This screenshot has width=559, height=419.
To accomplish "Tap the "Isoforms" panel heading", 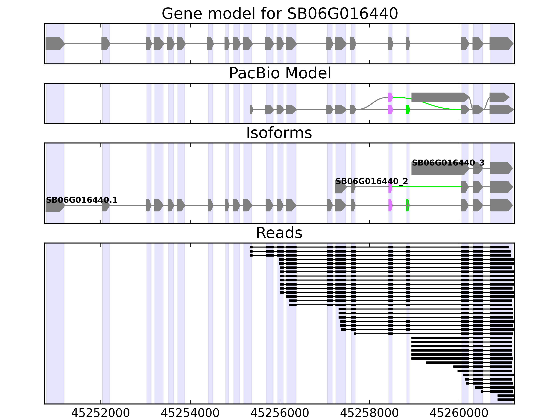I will (279, 133).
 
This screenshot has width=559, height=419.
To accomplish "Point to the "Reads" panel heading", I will (279, 233).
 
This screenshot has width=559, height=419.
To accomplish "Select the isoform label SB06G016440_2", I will (372, 181).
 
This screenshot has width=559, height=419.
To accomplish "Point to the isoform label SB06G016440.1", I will (82, 200).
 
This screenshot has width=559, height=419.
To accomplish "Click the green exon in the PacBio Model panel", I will (408, 110).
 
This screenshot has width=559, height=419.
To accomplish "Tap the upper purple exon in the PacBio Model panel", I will (390, 97).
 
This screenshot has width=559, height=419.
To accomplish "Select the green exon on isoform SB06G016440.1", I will (408, 205).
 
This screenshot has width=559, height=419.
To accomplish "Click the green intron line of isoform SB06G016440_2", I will (427, 187).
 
